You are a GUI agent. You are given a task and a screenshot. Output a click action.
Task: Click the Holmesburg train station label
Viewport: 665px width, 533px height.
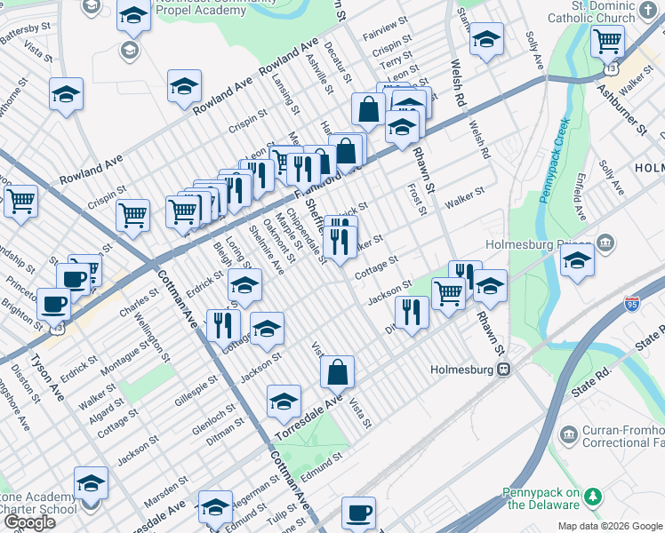[x=462, y=369]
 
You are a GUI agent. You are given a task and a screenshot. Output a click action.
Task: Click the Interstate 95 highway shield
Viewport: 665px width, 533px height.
[x=632, y=304]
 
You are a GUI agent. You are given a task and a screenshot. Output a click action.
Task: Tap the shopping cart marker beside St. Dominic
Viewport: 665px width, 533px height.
[x=607, y=41]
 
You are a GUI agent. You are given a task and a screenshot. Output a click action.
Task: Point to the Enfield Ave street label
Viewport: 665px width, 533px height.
[x=579, y=203]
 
